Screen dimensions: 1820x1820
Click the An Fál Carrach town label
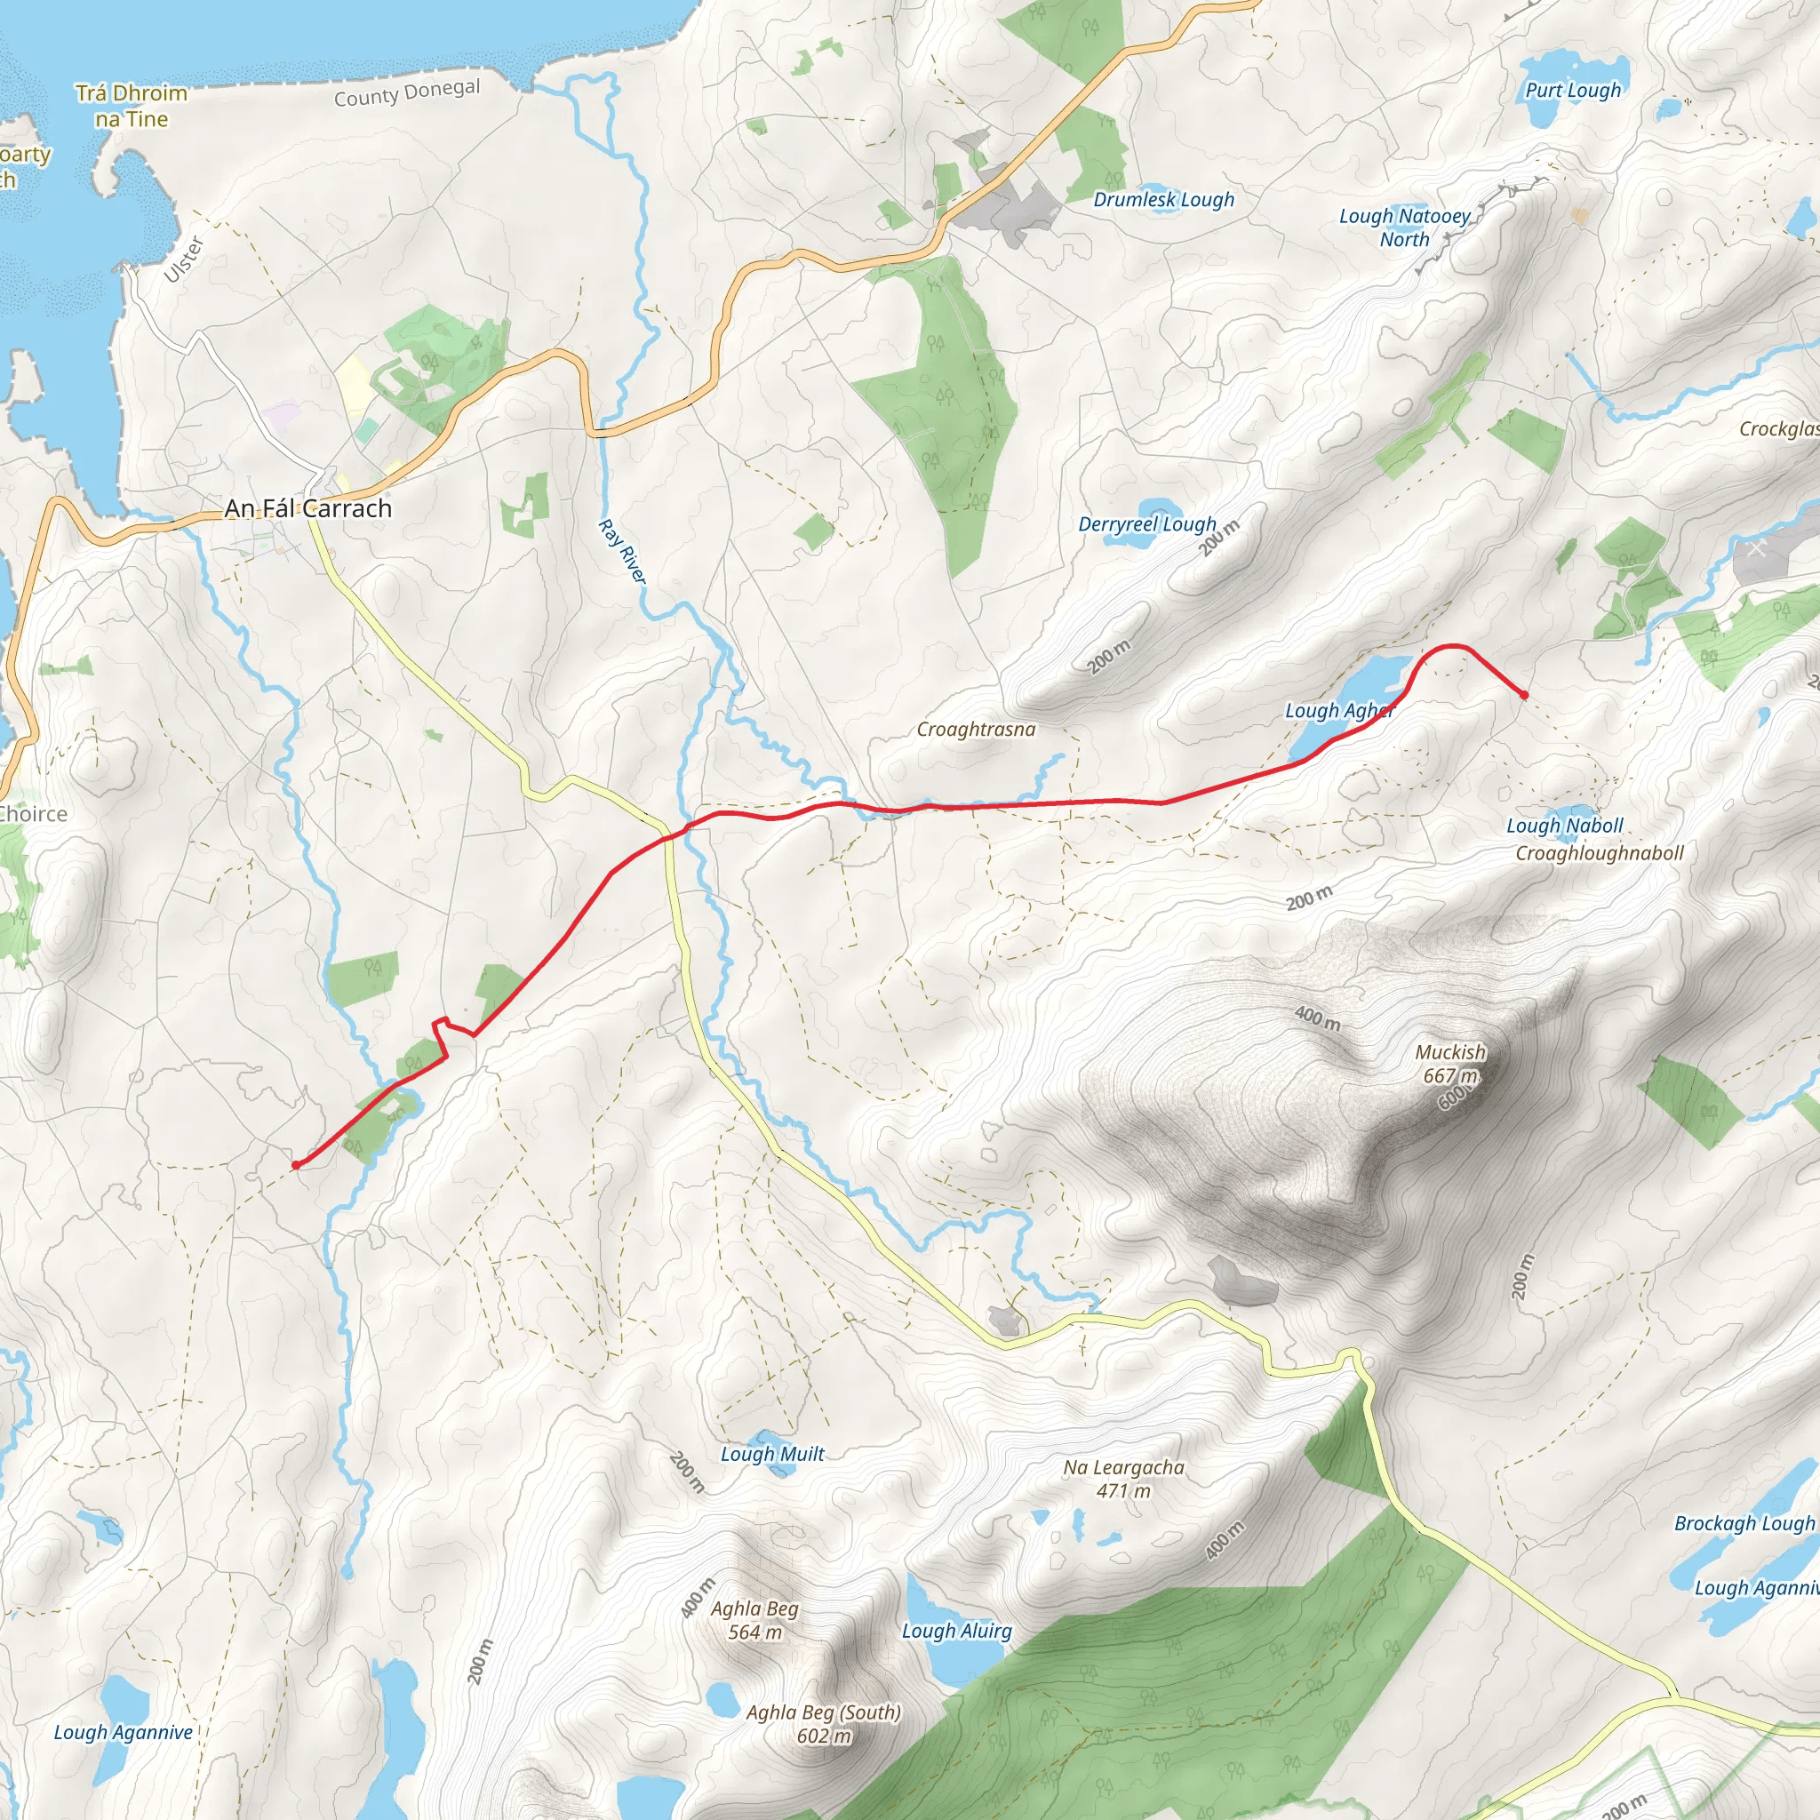[x=308, y=508]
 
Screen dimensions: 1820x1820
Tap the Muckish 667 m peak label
[x=1449, y=1064]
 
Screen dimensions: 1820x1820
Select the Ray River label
[x=623, y=551]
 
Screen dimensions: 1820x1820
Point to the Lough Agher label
[x=1339, y=710]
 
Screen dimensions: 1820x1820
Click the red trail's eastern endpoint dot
[x=1524, y=695]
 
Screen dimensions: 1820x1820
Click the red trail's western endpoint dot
[x=296, y=1165]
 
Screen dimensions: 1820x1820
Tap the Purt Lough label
[x=1573, y=91]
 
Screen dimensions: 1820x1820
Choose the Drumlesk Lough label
[x=1163, y=200]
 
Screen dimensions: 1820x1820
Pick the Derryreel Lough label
[x=1147, y=523]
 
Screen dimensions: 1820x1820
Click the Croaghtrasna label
[x=976, y=729]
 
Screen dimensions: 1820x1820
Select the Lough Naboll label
[x=1565, y=826]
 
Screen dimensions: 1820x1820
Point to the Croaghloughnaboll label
[x=1600, y=853]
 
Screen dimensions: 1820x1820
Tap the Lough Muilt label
[x=772, y=1454]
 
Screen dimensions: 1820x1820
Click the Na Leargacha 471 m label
[x=1124, y=1479]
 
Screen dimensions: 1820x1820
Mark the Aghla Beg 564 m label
[x=754, y=1620]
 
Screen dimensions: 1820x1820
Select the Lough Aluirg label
[x=957, y=1631]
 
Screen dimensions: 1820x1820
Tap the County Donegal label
[x=407, y=92]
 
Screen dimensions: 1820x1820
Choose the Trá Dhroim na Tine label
[x=132, y=106]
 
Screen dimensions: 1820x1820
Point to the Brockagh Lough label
[x=1744, y=1524]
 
